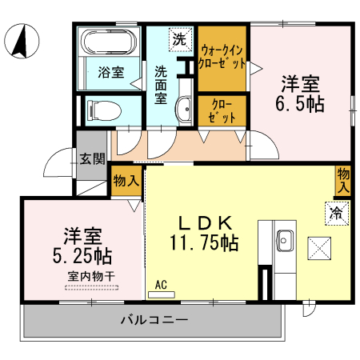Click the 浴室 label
(110, 72)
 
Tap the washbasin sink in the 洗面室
(184, 108)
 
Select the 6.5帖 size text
(301, 104)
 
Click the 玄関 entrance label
(91, 158)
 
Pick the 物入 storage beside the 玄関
(126, 179)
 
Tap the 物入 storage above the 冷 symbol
(343, 181)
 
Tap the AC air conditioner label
(159, 284)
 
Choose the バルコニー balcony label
(154, 320)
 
